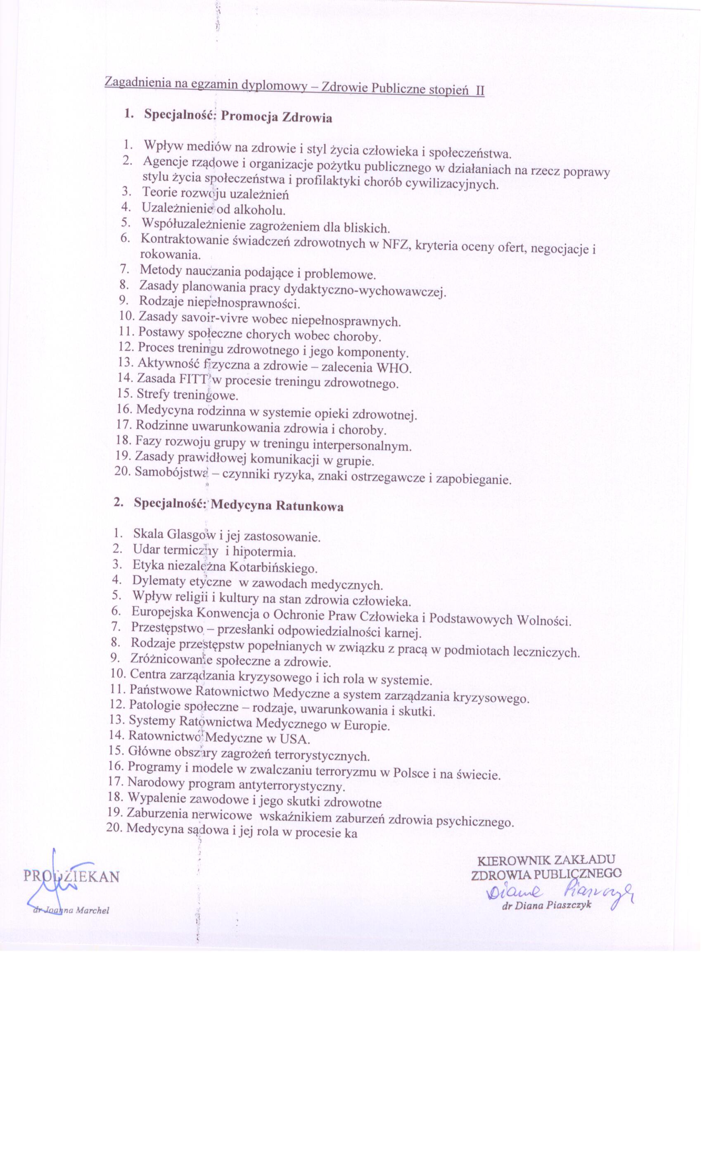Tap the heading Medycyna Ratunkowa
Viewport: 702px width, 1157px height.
(x=277, y=506)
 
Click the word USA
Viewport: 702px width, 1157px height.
(x=294, y=740)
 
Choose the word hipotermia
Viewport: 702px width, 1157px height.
(x=264, y=551)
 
